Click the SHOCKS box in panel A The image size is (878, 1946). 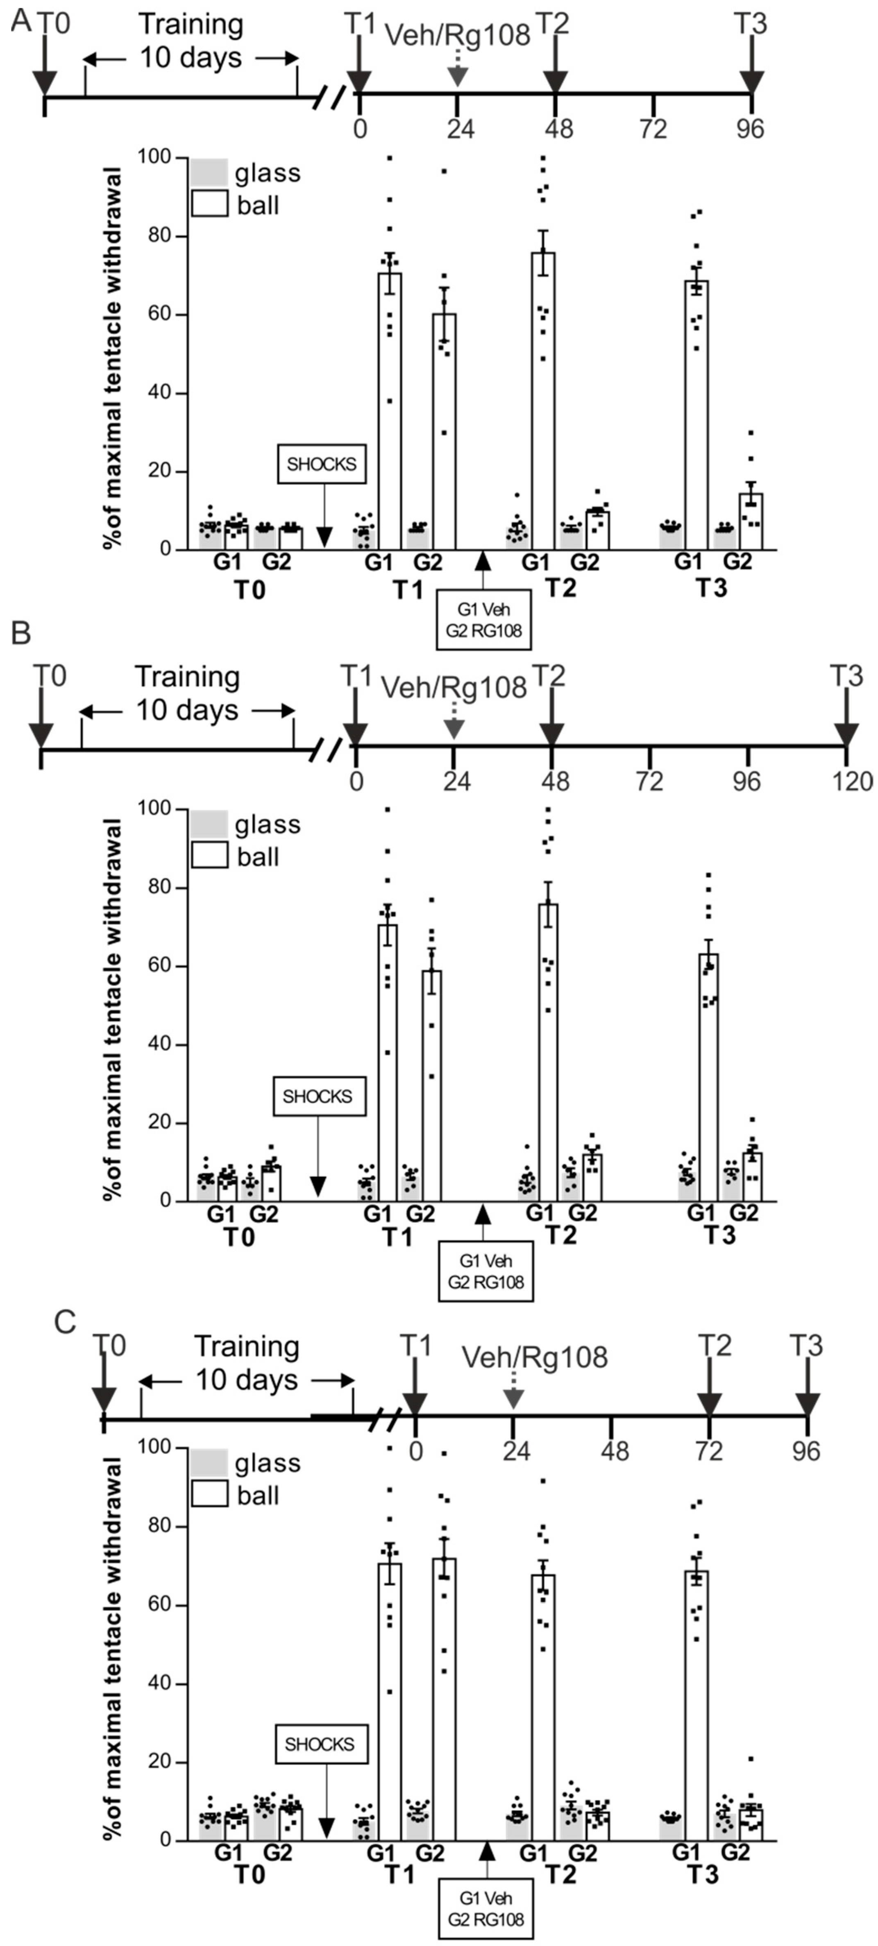(x=321, y=464)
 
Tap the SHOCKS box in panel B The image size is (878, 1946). (x=318, y=1096)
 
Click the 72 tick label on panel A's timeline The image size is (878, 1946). (x=653, y=129)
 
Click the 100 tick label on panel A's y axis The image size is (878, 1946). (x=153, y=157)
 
